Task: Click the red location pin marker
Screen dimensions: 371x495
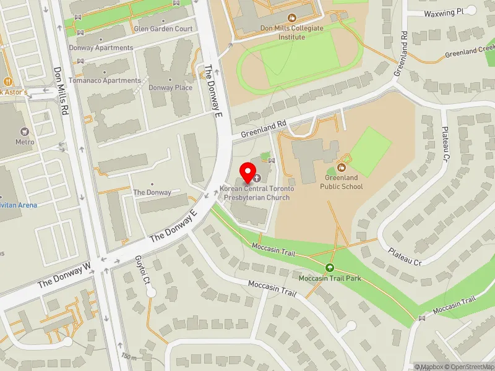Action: click(249, 171)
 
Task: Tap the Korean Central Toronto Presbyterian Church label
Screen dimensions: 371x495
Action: click(254, 194)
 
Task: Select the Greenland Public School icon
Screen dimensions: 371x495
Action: click(341, 166)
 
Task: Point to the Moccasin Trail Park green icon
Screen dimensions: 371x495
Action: click(329, 268)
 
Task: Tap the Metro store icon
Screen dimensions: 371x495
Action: click(25, 132)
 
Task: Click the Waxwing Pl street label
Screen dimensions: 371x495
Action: click(444, 12)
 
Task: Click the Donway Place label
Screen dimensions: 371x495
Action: click(170, 88)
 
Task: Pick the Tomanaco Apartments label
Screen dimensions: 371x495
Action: click(113, 80)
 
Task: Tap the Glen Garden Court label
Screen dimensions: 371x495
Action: click(163, 29)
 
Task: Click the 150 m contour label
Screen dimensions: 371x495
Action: click(129, 356)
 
